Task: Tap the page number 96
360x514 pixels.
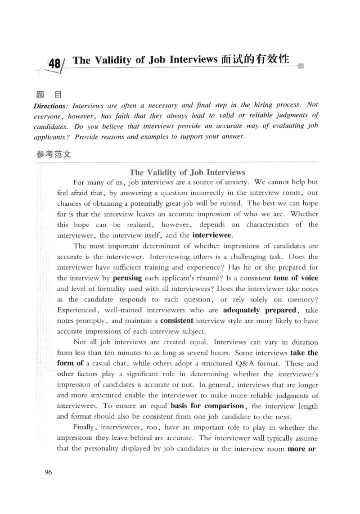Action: pos(49,472)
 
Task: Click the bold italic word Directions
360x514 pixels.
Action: pos(49,105)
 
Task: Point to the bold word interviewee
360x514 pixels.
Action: pos(212,235)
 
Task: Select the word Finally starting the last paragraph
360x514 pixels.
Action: pos(84,428)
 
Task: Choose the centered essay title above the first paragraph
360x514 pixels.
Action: pos(187,172)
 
